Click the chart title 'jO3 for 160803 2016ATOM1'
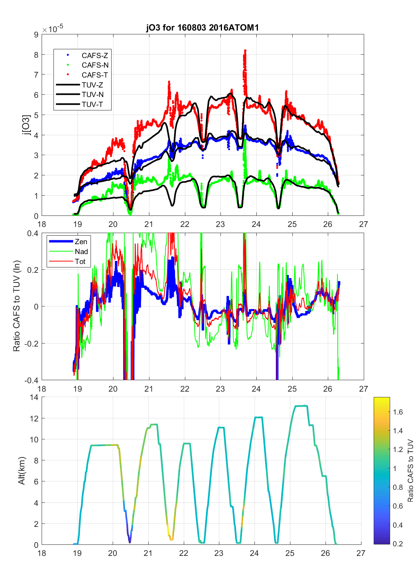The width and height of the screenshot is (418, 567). (203, 28)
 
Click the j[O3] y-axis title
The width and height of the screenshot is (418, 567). (26, 125)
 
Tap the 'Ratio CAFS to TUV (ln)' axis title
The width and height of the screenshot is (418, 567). (16, 306)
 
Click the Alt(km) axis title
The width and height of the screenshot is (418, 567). (21, 471)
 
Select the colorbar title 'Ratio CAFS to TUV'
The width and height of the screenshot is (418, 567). (411, 471)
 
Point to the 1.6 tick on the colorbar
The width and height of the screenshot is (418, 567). (398, 412)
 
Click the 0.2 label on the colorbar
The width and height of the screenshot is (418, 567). (398, 544)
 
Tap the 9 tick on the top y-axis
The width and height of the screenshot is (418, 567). (36, 35)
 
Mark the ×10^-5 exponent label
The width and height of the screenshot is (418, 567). (53, 29)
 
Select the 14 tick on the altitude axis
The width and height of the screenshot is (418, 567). (34, 397)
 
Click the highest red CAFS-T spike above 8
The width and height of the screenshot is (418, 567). (245, 50)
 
